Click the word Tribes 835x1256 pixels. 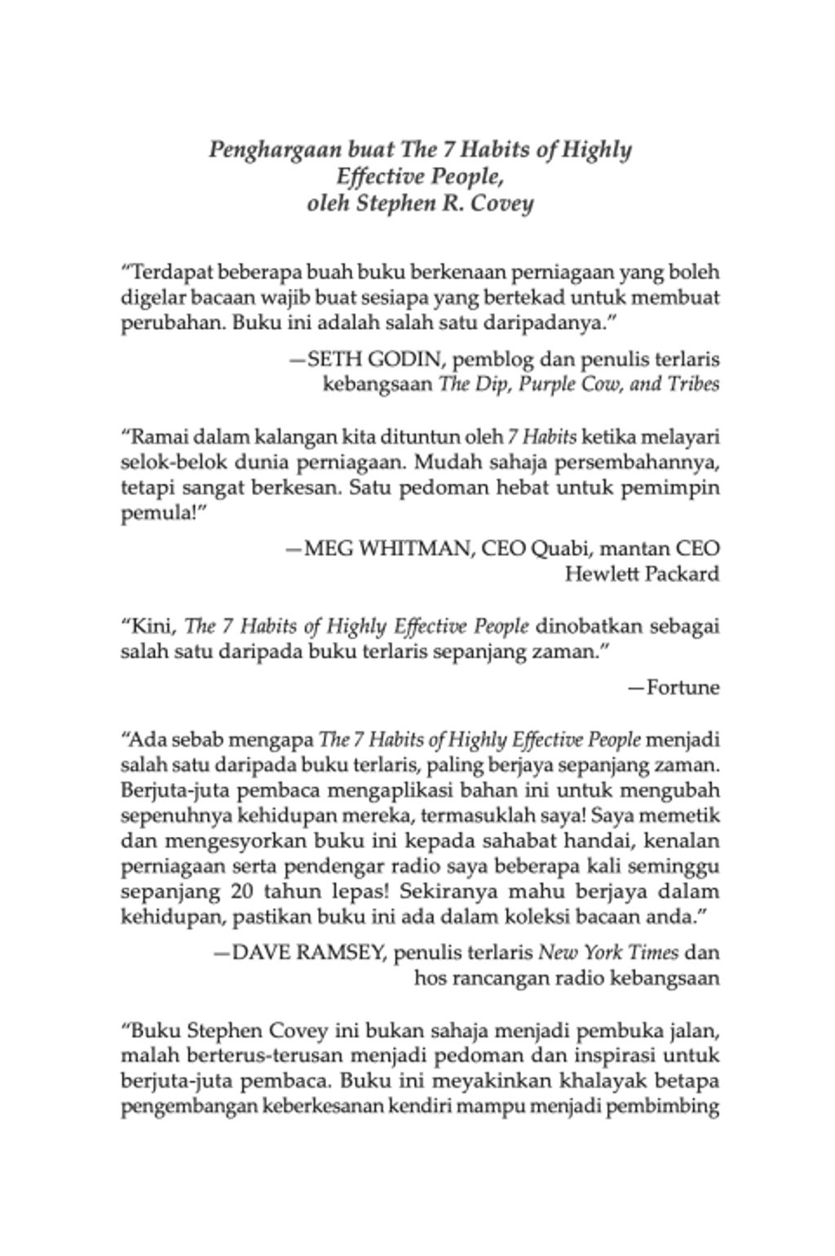(694, 383)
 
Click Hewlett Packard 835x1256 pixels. (643, 573)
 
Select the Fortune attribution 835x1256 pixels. (683, 688)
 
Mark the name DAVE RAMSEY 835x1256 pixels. (308, 952)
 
